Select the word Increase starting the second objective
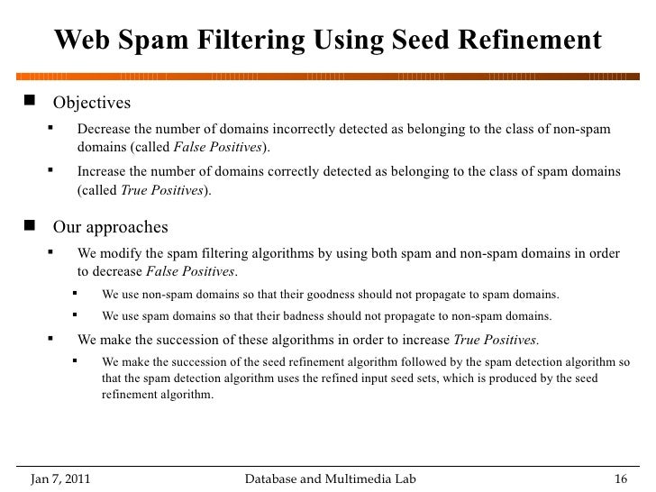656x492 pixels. [x=103, y=171]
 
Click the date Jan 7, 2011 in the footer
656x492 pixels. [x=59, y=477]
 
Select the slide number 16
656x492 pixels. [x=619, y=477]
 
